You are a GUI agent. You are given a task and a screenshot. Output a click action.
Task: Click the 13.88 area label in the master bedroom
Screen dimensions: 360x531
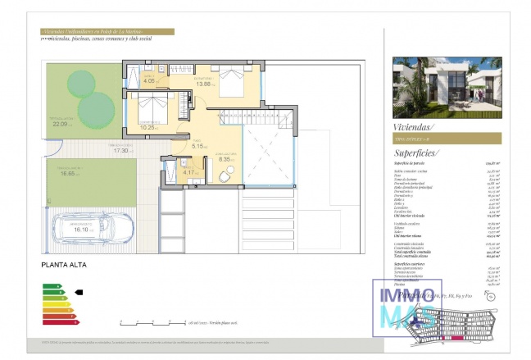pos(205,84)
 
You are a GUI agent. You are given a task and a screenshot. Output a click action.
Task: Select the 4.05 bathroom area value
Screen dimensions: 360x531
pos(149,81)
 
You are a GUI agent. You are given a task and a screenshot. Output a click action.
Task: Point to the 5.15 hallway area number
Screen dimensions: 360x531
pos(197,146)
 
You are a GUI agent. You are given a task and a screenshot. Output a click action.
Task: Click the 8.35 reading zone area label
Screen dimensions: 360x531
pos(225,159)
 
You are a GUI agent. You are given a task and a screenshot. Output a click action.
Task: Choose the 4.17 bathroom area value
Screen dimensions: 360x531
pos(188,172)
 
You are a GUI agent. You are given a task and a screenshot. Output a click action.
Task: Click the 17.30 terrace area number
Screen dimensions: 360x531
pos(120,151)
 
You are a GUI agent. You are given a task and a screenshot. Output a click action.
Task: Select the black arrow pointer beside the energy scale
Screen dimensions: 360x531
pos(79,291)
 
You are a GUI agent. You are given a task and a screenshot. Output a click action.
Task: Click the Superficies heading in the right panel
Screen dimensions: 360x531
pos(416,153)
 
